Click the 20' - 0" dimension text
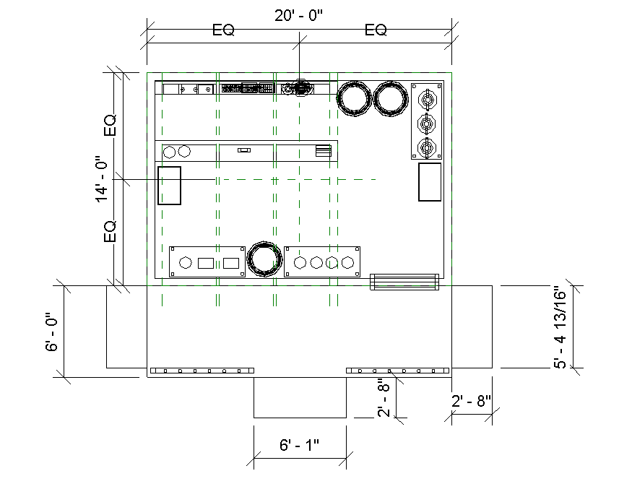click(298, 15)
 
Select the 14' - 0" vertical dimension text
click(101, 179)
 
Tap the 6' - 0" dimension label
click(51, 332)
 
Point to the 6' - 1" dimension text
click(299, 445)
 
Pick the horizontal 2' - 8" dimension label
click(472, 401)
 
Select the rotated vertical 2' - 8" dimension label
click(384, 398)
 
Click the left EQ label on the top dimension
click(223, 30)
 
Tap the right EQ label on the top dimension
click(376, 30)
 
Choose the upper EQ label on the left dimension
click(110, 125)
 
